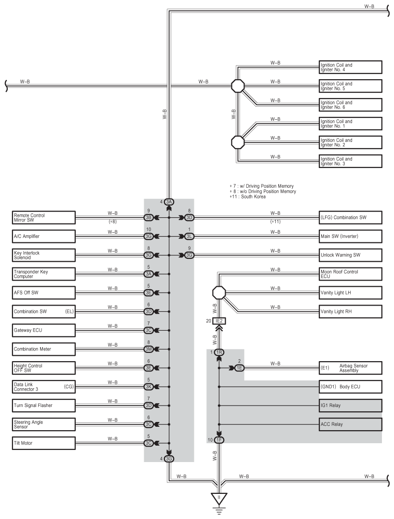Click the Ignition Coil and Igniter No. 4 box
(x=351, y=67)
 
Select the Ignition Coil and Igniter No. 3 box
(x=351, y=161)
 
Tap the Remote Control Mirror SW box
(x=43, y=217)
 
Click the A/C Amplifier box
(x=43, y=237)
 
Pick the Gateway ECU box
(x=43, y=330)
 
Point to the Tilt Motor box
(x=43, y=443)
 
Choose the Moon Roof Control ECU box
(x=351, y=274)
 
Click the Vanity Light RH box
(x=351, y=311)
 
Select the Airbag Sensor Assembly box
(x=351, y=368)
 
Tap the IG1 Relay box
(x=351, y=406)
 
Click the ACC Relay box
(x=351, y=424)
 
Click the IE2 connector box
(x=219, y=321)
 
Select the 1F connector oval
(x=219, y=440)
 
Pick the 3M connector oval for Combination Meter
(x=149, y=349)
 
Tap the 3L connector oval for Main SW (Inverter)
(x=189, y=237)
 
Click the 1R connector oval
(x=219, y=352)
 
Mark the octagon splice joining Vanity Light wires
(x=219, y=293)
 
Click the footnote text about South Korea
(x=248, y=196)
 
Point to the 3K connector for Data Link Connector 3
(x=149, y=387)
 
